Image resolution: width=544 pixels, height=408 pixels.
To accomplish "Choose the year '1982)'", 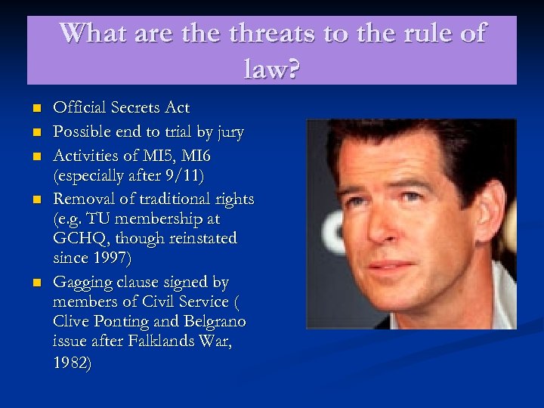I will click(73, 363).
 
